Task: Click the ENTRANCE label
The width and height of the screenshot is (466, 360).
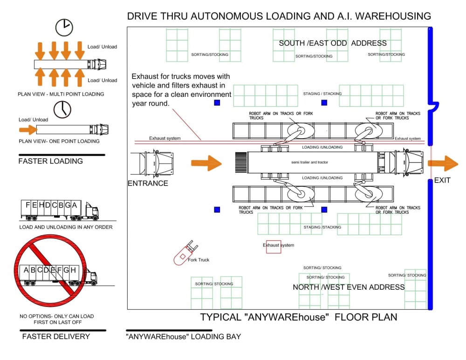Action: (x=148, y=183)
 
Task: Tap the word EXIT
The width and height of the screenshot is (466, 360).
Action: (x=442, y=180)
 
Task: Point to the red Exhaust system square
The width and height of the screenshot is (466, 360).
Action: (x=274, y=246)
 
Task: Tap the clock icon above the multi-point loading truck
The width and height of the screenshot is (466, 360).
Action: (x=64, y=27)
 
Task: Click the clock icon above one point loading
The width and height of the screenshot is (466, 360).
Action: (x=62, y=109)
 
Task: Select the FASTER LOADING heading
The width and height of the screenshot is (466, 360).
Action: (x=50, y=161)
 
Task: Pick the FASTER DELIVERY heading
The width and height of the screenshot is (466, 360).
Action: (x=56, y=336)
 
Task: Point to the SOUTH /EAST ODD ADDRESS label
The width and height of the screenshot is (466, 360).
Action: (x=333, y=43)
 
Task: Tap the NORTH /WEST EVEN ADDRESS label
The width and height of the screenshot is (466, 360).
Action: (x=349, y=287)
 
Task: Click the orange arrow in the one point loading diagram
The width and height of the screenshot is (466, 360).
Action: (x=27, y=130)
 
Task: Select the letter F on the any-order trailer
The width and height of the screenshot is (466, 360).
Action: (x=28, y=205)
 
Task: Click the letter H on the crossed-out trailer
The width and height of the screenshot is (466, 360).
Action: (x=74, y=270)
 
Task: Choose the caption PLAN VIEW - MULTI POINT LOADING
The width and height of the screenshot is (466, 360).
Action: (x=61, y=94)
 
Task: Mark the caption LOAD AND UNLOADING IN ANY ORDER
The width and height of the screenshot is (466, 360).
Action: (x=66, y=227)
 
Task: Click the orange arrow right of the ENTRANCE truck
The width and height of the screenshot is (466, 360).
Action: (x=206, y=163)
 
